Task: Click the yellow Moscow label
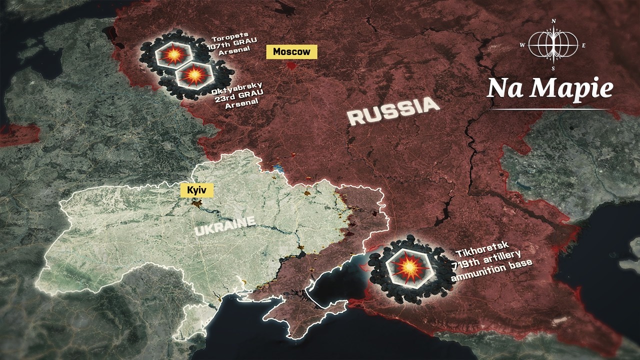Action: [291, 51]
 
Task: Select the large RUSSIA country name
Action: [393, 111]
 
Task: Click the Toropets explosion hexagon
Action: [171, 54]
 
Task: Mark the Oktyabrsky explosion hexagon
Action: [194, 75]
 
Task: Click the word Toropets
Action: [226, 39]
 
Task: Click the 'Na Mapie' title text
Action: [549, 88]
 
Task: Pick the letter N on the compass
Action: [553, 21]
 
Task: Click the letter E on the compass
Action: [583, 45]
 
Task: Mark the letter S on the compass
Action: [553, 68]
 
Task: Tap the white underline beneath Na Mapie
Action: [550, 108]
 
